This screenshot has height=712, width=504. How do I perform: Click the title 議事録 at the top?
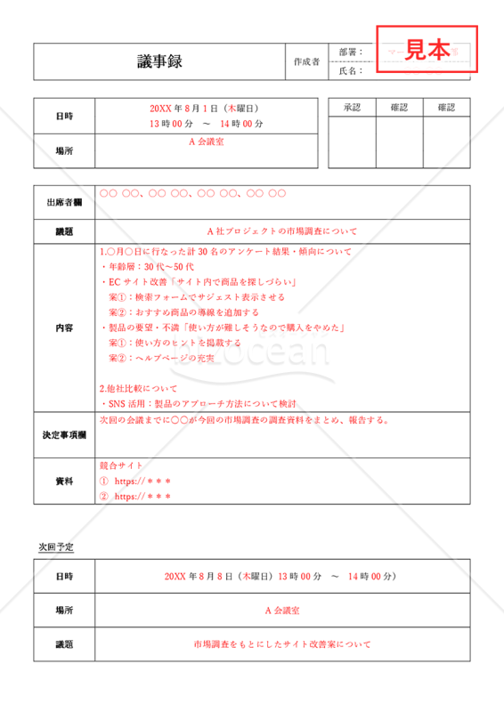159,61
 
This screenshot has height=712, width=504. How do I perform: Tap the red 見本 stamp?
427,50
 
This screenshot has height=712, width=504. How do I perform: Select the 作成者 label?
305,61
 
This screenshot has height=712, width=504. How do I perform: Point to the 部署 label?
351,53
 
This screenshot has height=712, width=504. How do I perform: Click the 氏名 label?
351,70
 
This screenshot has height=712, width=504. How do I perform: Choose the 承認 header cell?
352,108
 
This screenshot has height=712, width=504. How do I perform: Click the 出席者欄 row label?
64,203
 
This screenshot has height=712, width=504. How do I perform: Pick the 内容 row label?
64,328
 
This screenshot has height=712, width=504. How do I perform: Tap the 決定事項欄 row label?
64,435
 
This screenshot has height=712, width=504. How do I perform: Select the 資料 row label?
64,481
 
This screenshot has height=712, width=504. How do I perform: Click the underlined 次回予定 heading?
56,545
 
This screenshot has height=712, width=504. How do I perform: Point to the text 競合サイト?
121,465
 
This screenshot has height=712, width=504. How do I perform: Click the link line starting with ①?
135,481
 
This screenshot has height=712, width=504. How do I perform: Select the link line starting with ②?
135,497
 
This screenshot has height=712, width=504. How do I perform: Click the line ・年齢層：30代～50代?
147,267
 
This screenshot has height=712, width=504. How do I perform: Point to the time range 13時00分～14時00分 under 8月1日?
206,123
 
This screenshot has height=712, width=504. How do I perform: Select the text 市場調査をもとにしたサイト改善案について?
281,643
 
